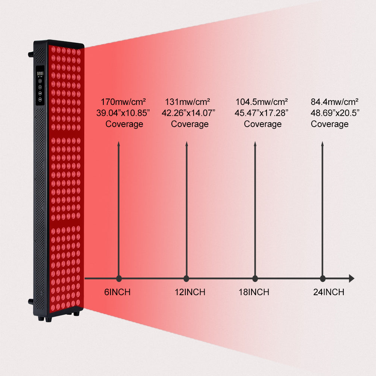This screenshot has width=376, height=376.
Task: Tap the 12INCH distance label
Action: click(190, 292)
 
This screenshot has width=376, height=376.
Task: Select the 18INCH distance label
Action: click(254, 292)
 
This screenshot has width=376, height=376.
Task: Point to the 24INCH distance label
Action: click(329, 292)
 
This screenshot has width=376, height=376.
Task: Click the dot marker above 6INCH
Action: click(119, 279)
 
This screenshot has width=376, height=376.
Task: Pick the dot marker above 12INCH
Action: click(186, 279)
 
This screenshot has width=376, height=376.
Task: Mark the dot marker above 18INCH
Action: click(255, 279)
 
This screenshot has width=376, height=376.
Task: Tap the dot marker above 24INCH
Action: click(323, 279)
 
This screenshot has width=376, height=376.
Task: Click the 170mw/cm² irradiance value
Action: click(123, 102)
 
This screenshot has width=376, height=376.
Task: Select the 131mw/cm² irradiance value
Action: click(187, 102)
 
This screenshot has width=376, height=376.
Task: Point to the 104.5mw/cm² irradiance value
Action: click(262, 102)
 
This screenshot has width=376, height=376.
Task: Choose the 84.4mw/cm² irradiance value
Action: click(334, 102)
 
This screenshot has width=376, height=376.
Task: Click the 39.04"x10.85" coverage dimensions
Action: click(123, 113)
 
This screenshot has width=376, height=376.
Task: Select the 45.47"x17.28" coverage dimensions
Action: click(262, 113)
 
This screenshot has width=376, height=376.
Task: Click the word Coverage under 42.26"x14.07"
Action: click(190, 124)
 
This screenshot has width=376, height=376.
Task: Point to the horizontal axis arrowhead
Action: click(351, 279)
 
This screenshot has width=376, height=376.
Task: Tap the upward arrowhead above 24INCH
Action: click(323, 144)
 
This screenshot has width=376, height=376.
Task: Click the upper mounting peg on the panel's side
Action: click(30, 54)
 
